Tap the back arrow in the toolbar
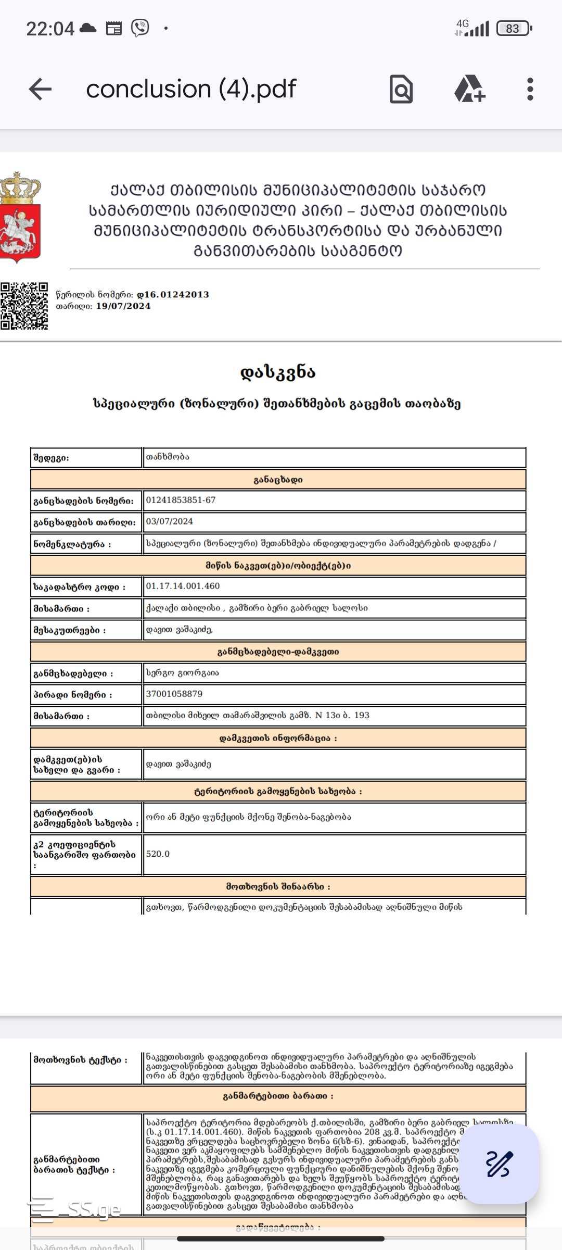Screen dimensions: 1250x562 [x=40, y=89]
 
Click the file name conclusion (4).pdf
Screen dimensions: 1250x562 [x=191, y=89]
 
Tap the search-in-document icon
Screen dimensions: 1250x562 [x=401, y=89]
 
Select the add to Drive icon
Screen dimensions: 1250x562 [x=469, y=89]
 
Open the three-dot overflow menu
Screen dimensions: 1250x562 [x=530, y=89]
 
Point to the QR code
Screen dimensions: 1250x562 [x=24, y=306]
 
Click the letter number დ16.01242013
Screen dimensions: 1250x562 [x=176, y=294]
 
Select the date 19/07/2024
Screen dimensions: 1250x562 [x=123, y=306]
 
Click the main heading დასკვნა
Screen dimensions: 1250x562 [x=278, y=372]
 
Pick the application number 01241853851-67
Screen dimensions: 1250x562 [x=181, y=500]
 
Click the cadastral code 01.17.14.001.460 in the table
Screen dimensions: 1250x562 [x=183, y=586]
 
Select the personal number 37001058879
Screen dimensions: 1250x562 [x=174, y=694]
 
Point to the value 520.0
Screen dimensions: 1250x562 [x=158, y=854]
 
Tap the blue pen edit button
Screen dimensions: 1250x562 [x=499, y=1164]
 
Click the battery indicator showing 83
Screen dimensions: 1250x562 [x=514, y=29]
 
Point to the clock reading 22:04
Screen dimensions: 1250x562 [x=50, y=29]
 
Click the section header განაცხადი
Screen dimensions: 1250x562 [x=278, y=480]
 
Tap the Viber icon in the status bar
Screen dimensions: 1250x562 [x=140, y=28]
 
